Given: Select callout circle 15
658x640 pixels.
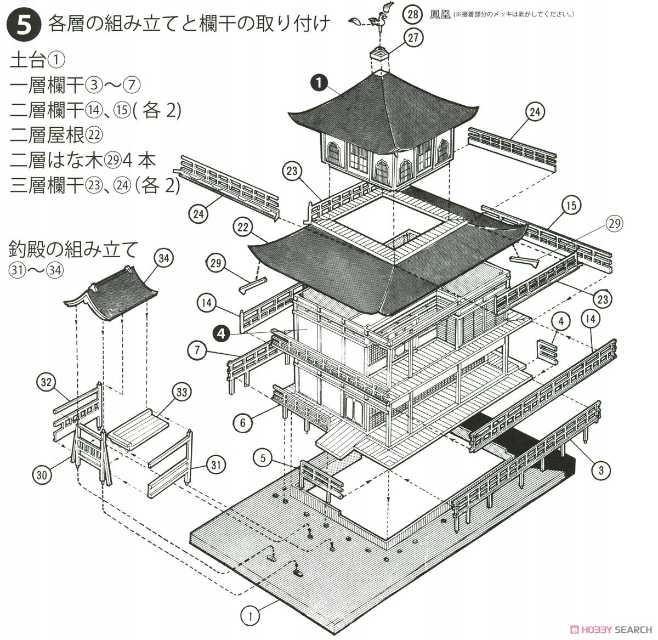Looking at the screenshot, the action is coord(571,206).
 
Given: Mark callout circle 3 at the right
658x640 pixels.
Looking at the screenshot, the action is coord(601,469).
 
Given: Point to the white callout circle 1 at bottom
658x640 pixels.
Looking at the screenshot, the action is coord(251,616).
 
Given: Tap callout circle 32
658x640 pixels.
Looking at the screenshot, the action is coord(46,382).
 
